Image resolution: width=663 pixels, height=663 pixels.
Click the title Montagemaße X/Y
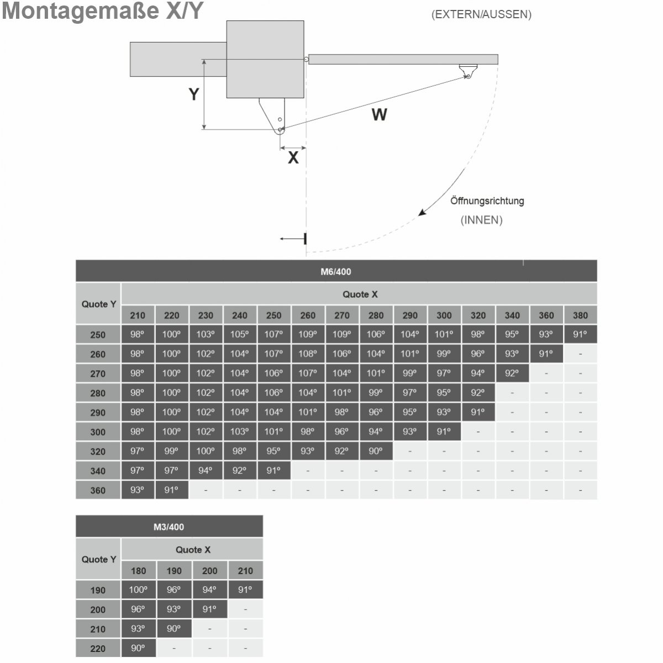coord(103,11)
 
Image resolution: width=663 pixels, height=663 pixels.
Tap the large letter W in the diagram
coord(379,114)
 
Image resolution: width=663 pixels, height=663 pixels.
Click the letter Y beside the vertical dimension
coord(194,94)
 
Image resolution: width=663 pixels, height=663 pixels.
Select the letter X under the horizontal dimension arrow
coord(293,157)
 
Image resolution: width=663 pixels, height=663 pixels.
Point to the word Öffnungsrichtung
coord(487,201)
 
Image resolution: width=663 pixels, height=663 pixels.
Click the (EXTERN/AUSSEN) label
coord(481,14)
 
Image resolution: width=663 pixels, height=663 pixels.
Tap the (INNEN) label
coord(481,220)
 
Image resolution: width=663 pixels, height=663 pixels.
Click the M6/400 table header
coord(336,271)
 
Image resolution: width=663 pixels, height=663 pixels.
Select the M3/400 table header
coord(169,527)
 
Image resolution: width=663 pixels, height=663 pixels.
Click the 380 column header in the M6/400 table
coord(580,315)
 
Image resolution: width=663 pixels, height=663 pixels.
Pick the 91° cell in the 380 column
coord(580,334)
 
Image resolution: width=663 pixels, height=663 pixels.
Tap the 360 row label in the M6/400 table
coord(98,490)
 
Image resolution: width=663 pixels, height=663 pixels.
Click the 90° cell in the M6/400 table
coord(376,451)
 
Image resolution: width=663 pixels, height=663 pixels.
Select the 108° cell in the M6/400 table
coord(308,354)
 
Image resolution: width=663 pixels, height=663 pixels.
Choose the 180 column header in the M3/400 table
coord(139,571)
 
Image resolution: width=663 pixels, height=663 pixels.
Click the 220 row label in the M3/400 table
coord(98,649)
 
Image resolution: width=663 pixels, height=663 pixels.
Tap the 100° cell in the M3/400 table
coord(138,590)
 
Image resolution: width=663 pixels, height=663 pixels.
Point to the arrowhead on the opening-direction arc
coord(422,212)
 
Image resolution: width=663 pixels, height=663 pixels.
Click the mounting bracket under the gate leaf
coord(469,71)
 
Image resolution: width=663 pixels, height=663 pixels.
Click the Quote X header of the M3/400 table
coord(193,549)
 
